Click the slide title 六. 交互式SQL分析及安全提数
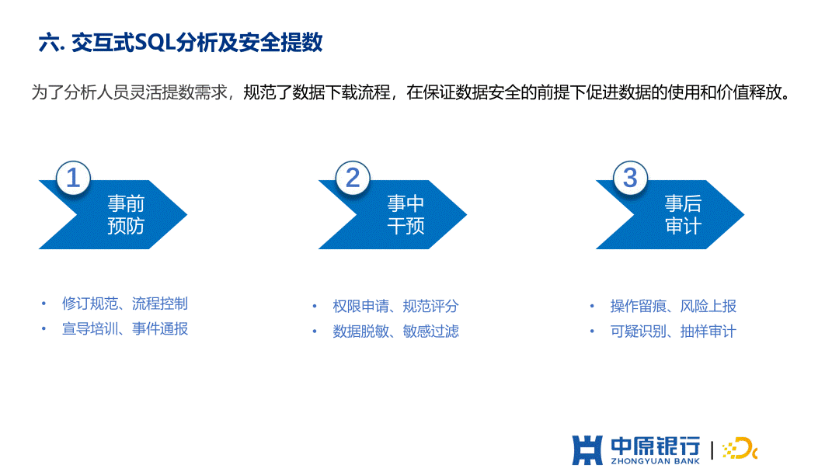(180, 42)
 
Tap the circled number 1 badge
(73, 178)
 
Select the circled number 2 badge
(353, 178)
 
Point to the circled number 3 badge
(630, 178)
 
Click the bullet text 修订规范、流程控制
(124, 304)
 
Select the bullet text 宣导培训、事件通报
(124, 328)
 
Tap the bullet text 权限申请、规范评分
(395, 307)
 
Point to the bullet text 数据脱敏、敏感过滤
(395, 331)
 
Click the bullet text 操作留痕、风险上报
(673, 307)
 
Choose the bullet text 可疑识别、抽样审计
(673, 331)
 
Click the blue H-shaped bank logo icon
(587, 450)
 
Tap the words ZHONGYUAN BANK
(656, 461)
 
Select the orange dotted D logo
(740, 449)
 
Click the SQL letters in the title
(155, 42)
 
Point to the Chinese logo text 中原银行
(656, 446)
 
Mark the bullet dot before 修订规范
(44, 304)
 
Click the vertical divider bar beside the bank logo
(712, 450)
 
